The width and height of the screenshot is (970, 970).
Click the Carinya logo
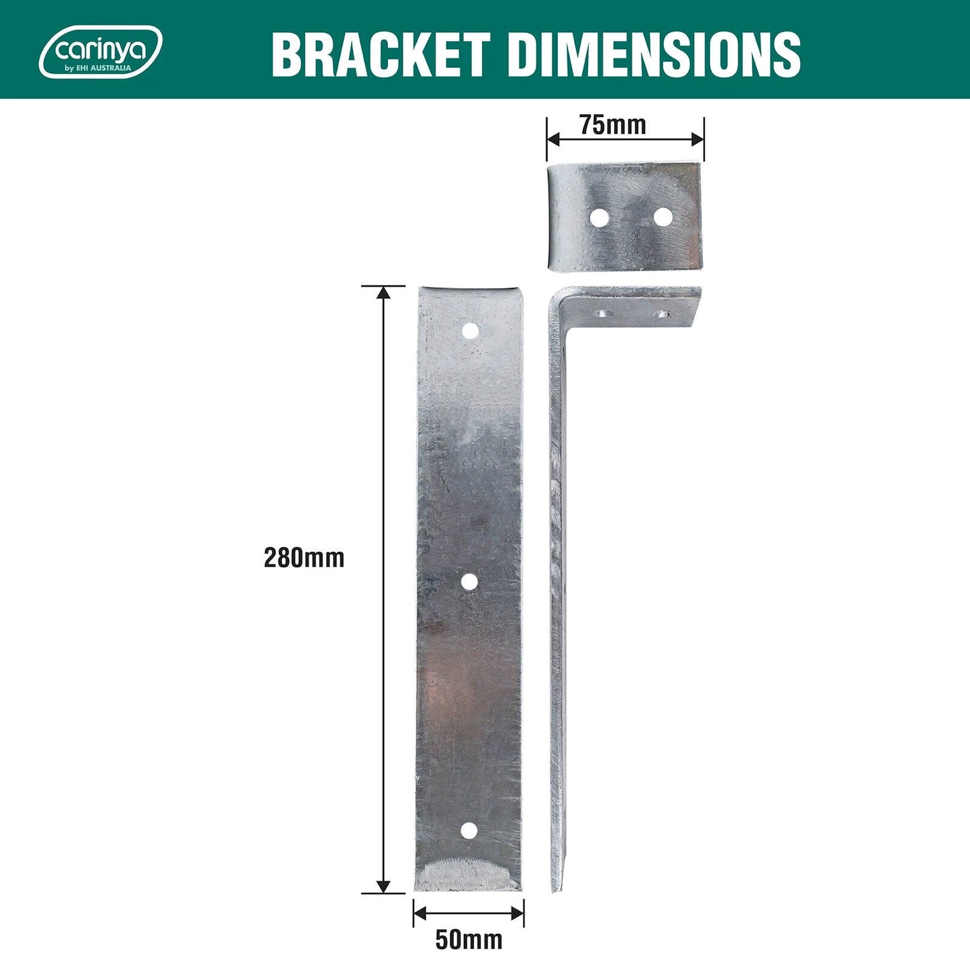[101, 52]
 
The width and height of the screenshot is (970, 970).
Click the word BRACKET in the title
[380, 54]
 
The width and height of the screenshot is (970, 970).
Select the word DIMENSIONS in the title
[654, 54]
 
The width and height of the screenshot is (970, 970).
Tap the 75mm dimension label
[613, 125]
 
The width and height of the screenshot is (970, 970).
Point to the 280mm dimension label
[303, 558]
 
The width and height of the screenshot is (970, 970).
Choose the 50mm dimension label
[469, 939]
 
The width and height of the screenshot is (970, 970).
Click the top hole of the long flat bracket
[470, 330]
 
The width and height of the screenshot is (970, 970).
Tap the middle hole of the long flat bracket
[469, 582]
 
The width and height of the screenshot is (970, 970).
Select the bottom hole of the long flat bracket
[469, 831]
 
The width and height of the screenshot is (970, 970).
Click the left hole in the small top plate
[599, 217]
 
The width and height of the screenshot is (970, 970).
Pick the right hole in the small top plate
[663, 217]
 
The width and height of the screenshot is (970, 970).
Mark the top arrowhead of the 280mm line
[383, 292]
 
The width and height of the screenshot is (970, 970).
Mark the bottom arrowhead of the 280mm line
[383, 887]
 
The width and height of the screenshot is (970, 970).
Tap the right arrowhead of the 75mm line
[698, 140]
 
